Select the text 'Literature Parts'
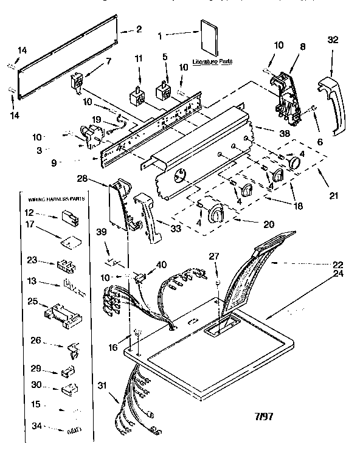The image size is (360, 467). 212,62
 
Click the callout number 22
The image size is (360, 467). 338,264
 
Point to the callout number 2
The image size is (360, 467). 139,29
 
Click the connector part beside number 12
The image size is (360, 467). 67,216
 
